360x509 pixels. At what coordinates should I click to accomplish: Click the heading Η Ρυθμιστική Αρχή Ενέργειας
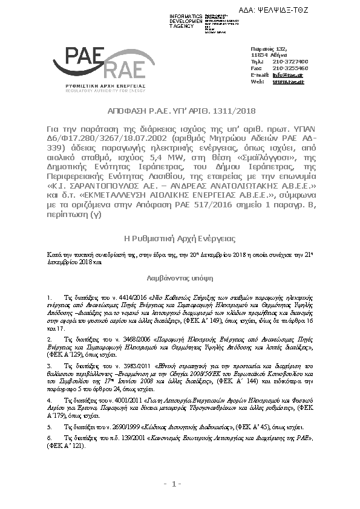point(180,239)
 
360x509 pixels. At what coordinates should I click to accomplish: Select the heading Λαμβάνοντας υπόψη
point(180,280)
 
